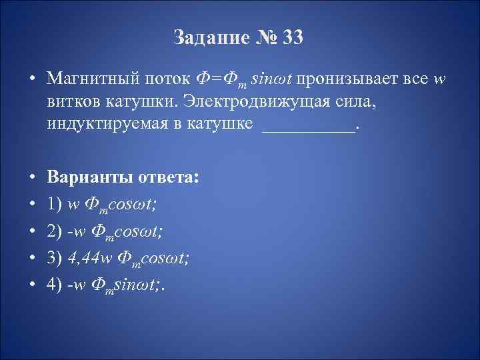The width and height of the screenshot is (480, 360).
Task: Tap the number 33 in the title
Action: pos(291,37)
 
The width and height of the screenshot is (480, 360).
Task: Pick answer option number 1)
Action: pos(55,202)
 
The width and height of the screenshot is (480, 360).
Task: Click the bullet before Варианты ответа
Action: pos(31,180)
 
